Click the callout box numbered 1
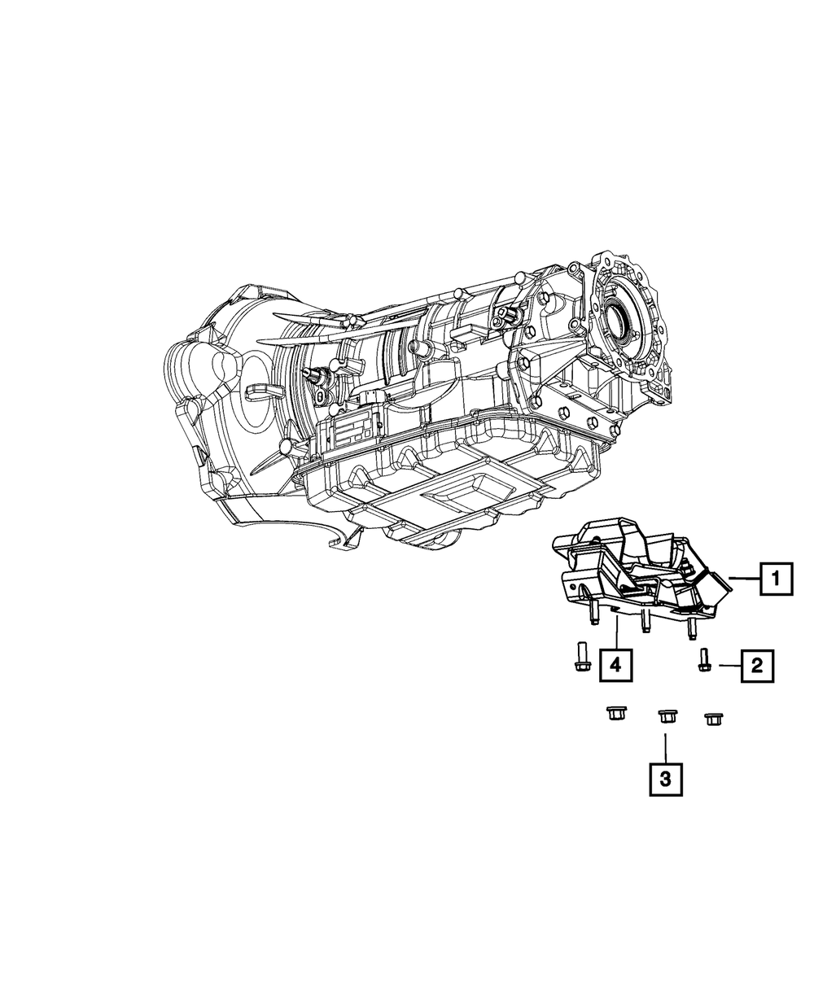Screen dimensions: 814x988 tap(776, 579)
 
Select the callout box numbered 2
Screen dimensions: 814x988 tap(756, 667)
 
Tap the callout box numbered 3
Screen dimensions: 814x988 tap(665, 779)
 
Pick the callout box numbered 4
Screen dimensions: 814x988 tap(616, 665)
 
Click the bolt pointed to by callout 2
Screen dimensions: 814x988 tap(703, 661)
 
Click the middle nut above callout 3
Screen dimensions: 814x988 tap(665, 716)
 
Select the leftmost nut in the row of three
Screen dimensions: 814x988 tap(615, 715)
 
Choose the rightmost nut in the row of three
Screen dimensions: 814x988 tap(715, 718)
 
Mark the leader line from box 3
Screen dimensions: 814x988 tap(665, 745)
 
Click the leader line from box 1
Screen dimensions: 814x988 tap(745, 578)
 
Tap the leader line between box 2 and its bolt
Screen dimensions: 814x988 tap(728, 667)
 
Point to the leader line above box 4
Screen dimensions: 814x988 tap(617, 632)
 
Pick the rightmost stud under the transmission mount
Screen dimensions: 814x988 tap(693, 627)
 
